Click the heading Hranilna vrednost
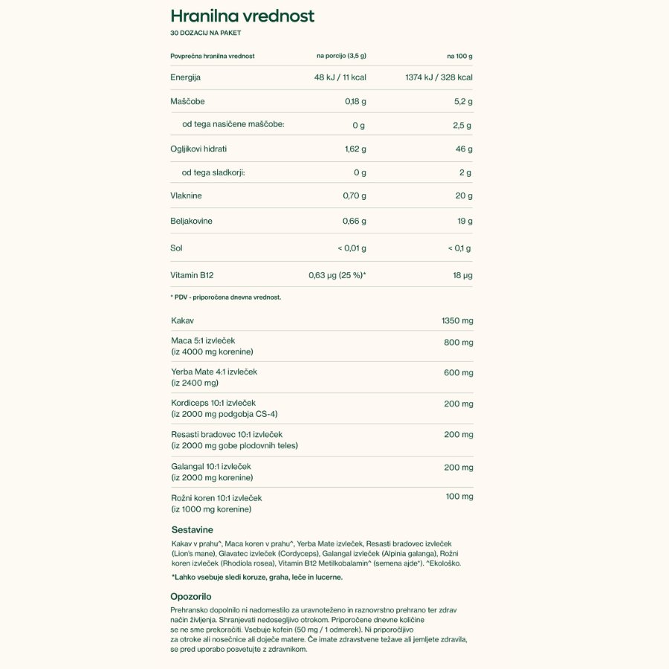pos(242,16)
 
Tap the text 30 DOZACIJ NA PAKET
pos(206,33)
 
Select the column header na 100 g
pos(459,56)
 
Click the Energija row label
pos(186,77)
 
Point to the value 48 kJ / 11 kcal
pos(340,77)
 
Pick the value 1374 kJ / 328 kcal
pos(439,77)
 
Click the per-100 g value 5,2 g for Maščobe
pos(462,101)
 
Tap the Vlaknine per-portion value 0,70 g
pos(355,195)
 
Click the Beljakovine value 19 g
pos(465,221)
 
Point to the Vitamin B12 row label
pos(192,275)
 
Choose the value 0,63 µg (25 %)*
pos(337,275)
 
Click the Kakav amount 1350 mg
pos(457,320)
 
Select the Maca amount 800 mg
pos(458,343)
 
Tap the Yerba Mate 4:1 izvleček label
pos(214,372)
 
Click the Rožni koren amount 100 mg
pos(459,496)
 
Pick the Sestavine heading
pos(192,530)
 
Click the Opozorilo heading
pos(191,596)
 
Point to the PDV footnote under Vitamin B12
pos(225,297)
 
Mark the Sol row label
pos(176,248)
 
